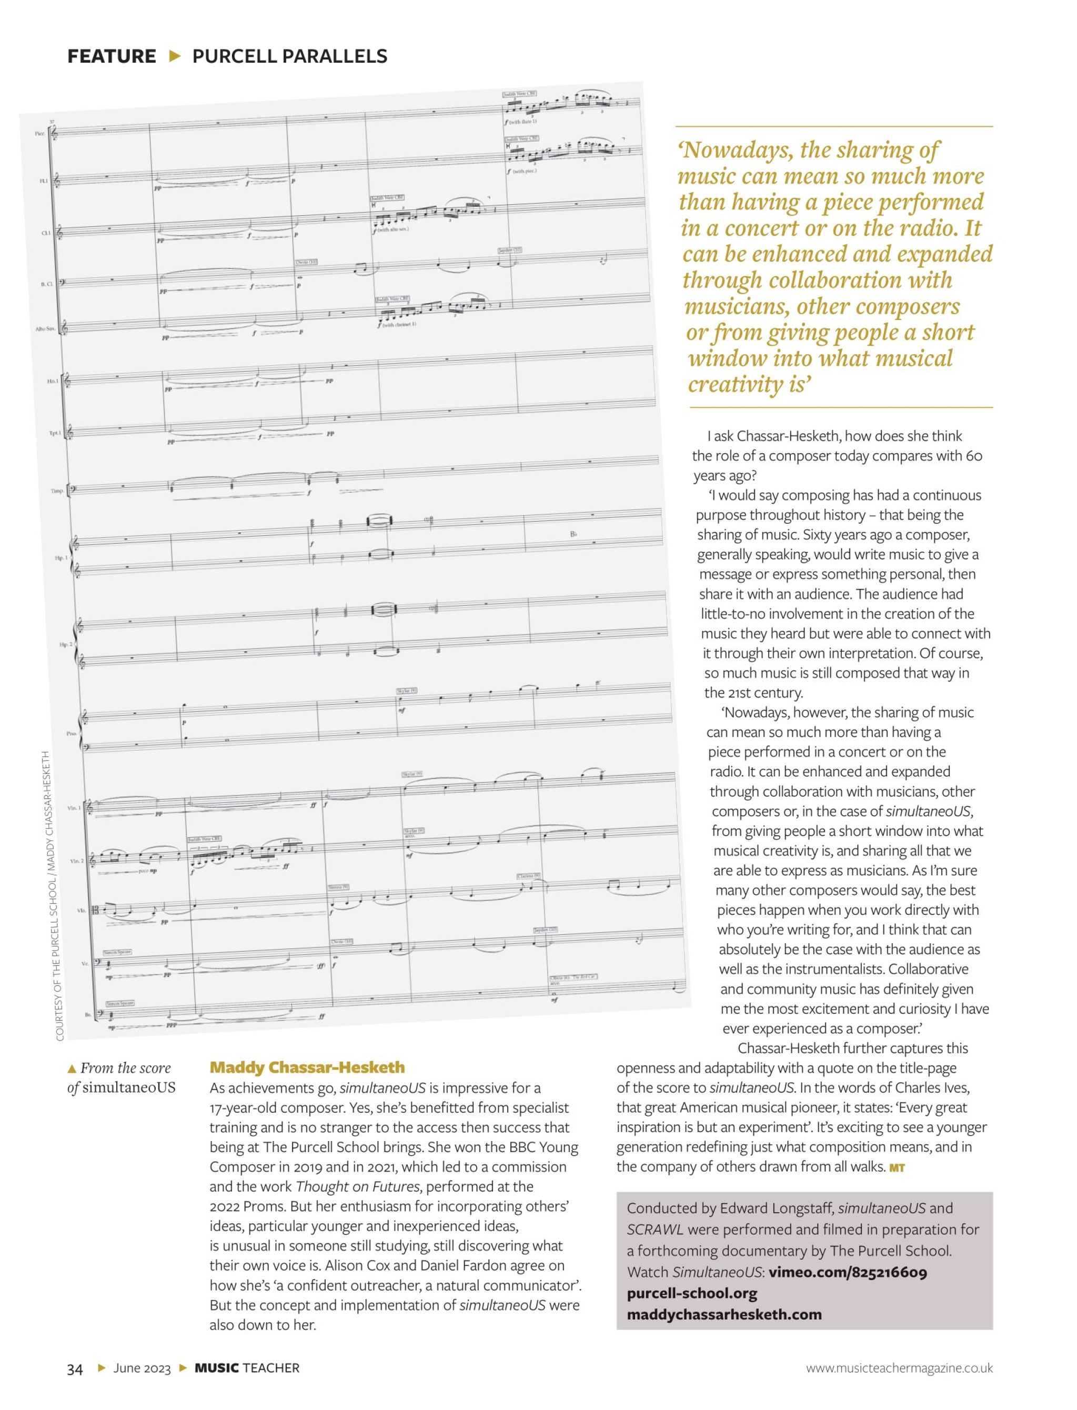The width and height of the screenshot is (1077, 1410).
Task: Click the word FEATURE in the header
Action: tap(112, 56)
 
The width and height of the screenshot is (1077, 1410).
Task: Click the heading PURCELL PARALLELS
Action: tap(290, 56)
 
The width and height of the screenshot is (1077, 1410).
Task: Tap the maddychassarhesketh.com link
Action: tap(724, 1314)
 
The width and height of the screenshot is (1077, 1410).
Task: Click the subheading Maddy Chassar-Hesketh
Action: tap(307, 1067)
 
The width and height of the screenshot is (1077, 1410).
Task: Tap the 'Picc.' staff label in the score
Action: tap(40, 133)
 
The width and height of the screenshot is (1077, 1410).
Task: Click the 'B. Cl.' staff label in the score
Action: tap(46, 283)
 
